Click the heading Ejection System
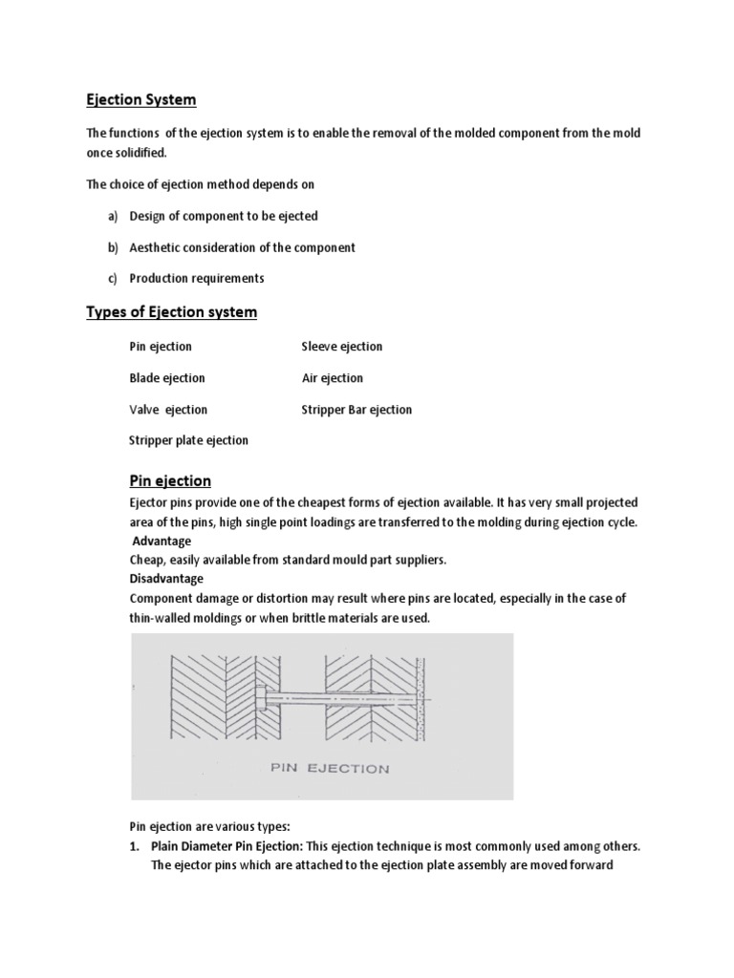click(141, 99)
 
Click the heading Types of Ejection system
click(172, 312)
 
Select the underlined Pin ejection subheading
click(170, 480)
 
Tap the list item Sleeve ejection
click(341, 347)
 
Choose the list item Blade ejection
click(167, 378)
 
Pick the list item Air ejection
click(333, 378)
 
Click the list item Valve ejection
click(168, 410)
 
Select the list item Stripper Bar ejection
click(356, 410)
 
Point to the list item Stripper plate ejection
click(188, 440)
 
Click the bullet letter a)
click(112, 217)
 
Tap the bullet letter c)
click(112, 279)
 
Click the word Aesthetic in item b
click(158, 247)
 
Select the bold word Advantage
click(162, 542)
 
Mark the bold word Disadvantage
click(166, 579)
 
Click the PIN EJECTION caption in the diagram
click(330, 768)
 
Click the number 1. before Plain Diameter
click(135, 846)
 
